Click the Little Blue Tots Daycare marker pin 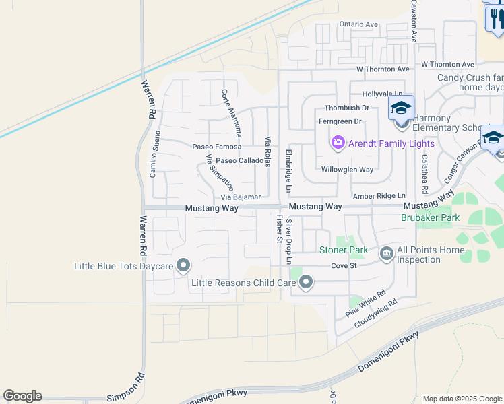pos(183,266)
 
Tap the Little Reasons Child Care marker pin pos(306,283)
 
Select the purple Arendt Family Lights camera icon pos(338,143)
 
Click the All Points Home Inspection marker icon pos(387,254)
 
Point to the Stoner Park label pos(344,250)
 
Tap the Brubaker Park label pos(430,218)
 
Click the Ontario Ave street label pos(358,24)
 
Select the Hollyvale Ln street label pos(382,94)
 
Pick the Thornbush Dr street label pos(347,108)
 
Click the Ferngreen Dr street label pos(340,121)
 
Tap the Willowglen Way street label pos(347,170)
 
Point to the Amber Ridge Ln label pos(379,195)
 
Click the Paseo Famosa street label pos(217,147)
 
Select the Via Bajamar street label pos(241,197)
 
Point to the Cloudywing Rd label pos(376,314)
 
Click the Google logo pos(22,396)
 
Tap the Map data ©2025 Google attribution pos(462,399)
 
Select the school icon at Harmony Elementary pos(401,108)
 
